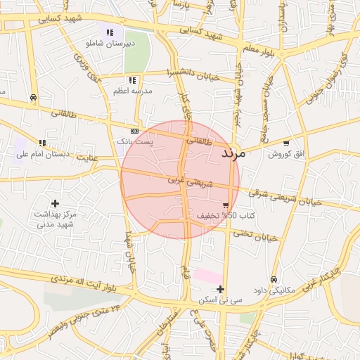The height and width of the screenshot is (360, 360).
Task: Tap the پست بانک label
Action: [134, 142]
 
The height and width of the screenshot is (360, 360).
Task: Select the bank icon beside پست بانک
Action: [134, 131]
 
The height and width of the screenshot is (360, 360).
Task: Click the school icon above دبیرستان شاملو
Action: [110, 32]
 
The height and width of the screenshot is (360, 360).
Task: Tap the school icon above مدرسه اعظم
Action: [132, 80]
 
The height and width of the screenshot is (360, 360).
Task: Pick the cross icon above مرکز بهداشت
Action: [56, 202]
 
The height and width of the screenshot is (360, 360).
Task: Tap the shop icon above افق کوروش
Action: [285, 143]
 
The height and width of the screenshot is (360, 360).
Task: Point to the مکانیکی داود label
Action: [273, 290]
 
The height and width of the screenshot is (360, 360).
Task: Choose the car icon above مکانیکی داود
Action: [274, 279]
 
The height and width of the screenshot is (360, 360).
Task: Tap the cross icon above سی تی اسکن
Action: [220, 289]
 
